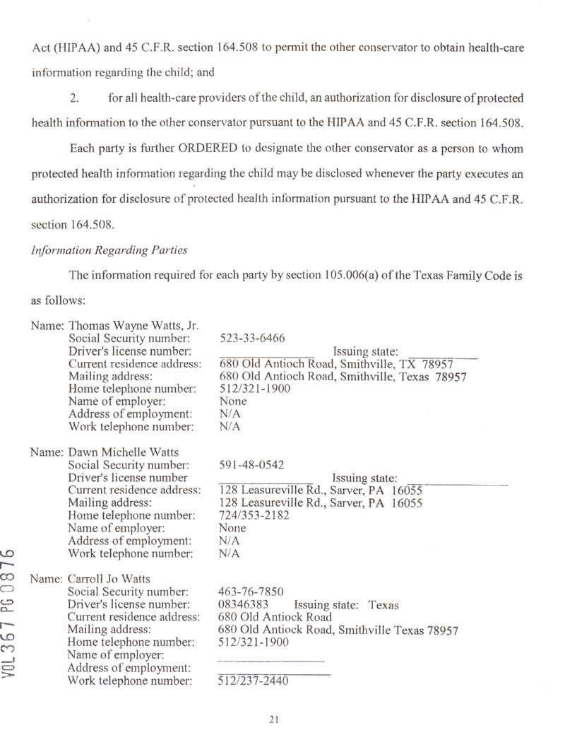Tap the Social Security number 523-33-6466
[252, 338]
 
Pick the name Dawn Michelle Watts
[123, 452]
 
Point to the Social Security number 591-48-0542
[252, 465]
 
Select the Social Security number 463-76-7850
[251, 592]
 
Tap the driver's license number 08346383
[244, 605]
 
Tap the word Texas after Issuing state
[384, 605]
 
